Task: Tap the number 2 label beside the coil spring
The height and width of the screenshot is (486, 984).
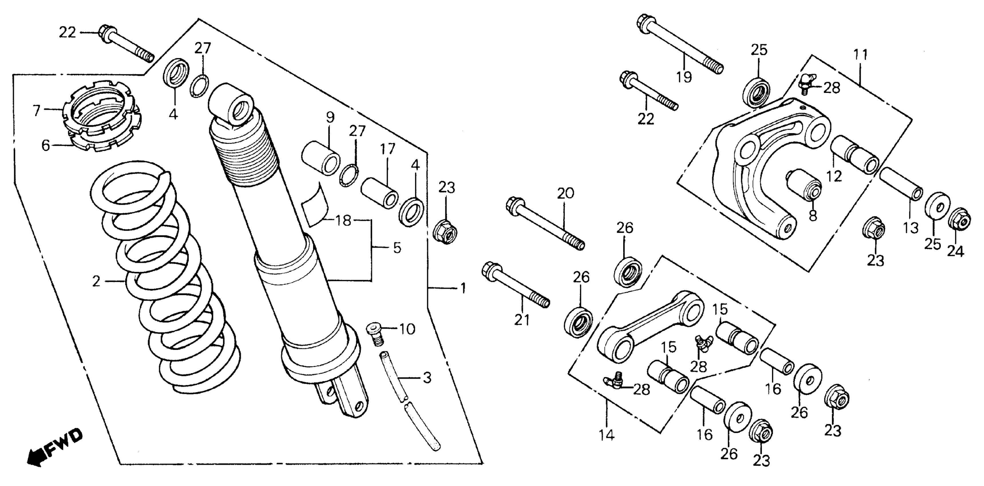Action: pos(96,282)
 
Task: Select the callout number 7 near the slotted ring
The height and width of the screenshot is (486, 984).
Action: pos(37,111)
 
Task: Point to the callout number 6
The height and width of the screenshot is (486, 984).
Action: pos(46,146)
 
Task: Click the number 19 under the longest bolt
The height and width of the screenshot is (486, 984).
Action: pos(684,77)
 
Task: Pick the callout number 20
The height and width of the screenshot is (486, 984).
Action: pos(565,194)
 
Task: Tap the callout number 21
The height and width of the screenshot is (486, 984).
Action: pos(522,320)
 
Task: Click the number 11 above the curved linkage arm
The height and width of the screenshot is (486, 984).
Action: pos(861,55)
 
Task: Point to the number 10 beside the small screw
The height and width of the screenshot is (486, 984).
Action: pos(407,329)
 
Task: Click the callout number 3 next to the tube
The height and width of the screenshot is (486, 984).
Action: pos(427,378)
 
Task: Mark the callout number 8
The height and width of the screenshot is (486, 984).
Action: pos(813,215)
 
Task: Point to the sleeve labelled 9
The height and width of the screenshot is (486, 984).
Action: pos(321,158)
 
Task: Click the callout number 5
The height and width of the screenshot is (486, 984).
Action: pos(397,248)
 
